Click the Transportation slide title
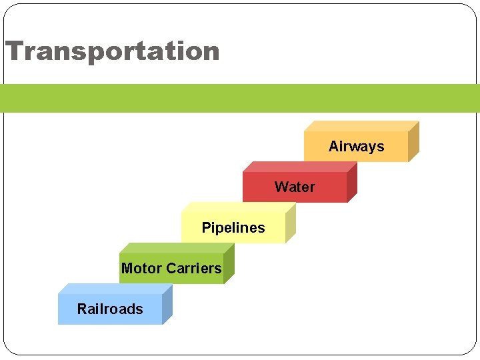(x=112, y=51)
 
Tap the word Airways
(x=356, y=147)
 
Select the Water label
(x=295, y=187)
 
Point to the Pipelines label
(x=233, y=228)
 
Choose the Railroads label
(x=110, y=309)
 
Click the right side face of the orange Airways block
(x=413, y=141)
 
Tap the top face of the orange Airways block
(x=361, y=126)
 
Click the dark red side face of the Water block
(x=352, y=182)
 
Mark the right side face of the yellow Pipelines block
(x=290, y=223)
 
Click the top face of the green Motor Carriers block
(x=176, y=248)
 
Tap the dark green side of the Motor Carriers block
(x=229, y=263)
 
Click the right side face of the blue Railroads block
(x=167, y=304)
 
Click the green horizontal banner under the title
(x=240, y=98)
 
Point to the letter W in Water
(x=281, y=187)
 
